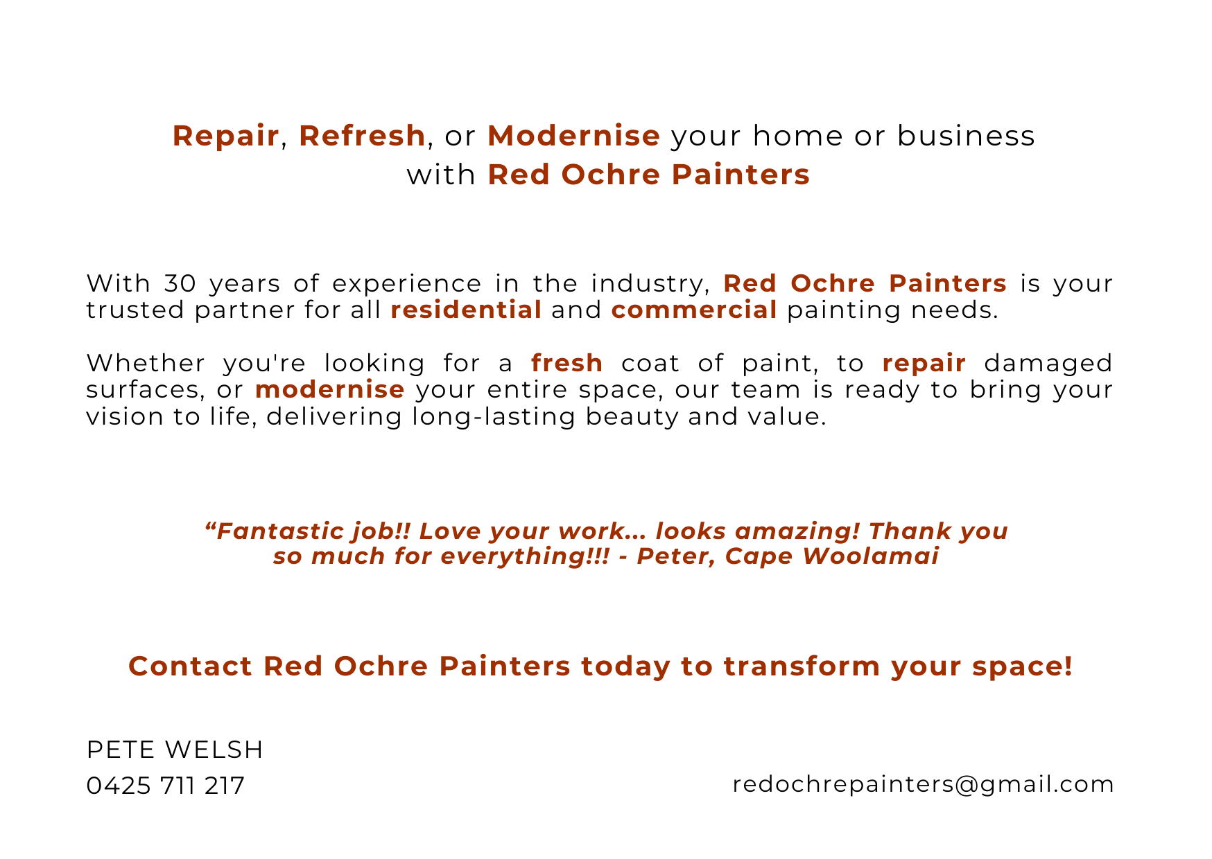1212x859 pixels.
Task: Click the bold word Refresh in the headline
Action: click(x=362, y=136)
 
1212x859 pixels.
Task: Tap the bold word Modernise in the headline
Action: click(x=573, y=136)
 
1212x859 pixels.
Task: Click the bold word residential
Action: click(x=466, y=310)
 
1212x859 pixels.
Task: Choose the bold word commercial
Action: click(x=694, y=310)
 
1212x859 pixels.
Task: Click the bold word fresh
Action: click(x=567, y=363)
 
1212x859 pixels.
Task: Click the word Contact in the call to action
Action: click(x=191, y=666)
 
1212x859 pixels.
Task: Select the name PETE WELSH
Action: click(x=175, y=750)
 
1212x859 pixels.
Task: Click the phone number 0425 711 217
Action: click(x=166, y=786)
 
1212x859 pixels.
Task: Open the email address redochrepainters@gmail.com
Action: click(x=923, y=784)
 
